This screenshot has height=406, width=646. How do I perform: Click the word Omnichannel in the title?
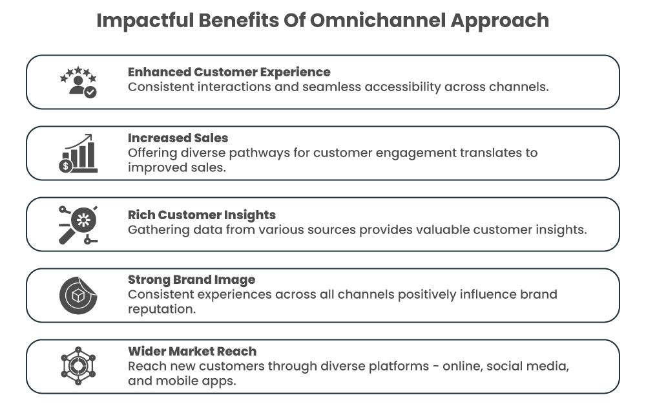click(x=377, y=21)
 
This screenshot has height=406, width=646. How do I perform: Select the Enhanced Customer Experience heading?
click(x=229, y=72)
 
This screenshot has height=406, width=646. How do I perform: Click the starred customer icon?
click(x=78, y=82)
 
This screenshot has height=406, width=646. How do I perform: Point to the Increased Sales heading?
click(x=178, y=138)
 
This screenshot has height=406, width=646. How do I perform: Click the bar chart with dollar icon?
click(x=78, y=154)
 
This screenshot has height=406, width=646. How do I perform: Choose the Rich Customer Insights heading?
click(x=202, y=215)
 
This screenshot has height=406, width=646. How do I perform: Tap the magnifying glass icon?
click(x=78, y=224)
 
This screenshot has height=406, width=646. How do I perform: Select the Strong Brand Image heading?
click(x=191, y=280)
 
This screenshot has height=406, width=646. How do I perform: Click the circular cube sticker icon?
click(x=78, y=295)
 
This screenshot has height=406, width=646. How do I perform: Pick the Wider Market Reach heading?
click(x=192, y=351)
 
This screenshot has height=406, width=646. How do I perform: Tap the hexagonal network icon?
click(x=78, y=367)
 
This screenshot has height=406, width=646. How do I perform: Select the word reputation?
click(x=161, y=310)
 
